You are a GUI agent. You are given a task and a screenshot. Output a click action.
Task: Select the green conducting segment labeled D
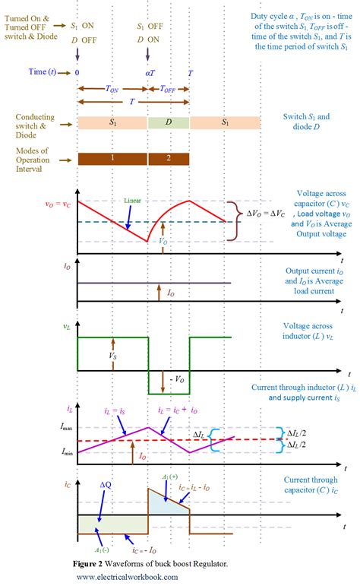click(169, 122)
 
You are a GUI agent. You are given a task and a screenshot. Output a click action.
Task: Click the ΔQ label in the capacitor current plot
click(106, 484)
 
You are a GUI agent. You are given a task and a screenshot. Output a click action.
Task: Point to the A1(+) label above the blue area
click(169, 477)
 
